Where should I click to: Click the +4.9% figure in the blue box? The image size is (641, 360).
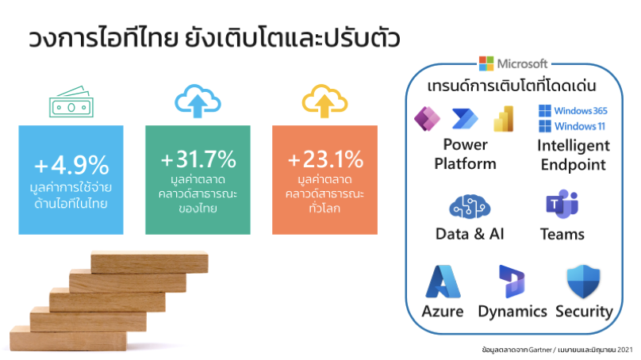click(71, 165)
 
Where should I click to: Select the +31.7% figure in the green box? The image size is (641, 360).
click(198, 159)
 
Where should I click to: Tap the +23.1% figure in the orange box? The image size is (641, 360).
click(325, 159)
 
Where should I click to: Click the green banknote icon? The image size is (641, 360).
click(71, 101)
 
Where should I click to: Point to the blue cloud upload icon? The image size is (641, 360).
click(198, 101)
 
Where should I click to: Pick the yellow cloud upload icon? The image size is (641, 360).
click(324, 101)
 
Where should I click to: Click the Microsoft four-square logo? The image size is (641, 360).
click(486, 63)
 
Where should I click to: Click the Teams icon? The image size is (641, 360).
click(562, 204)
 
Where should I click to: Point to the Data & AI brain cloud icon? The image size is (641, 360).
click(470, 207)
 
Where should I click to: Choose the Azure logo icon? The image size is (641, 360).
click(443, 281)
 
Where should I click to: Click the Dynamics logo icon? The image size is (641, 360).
click(512, 281)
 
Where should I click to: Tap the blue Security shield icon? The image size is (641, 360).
click(583, 281)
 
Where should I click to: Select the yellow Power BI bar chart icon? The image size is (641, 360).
click(504, 119)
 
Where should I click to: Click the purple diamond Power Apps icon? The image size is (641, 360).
click(427, 119)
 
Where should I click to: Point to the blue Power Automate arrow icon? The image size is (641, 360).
click(465, 119)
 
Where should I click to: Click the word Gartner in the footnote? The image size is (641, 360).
click(539, 350)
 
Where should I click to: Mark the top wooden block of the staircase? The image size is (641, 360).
click(149, 262)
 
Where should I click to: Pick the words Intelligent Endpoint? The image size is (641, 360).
click(574, 155)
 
